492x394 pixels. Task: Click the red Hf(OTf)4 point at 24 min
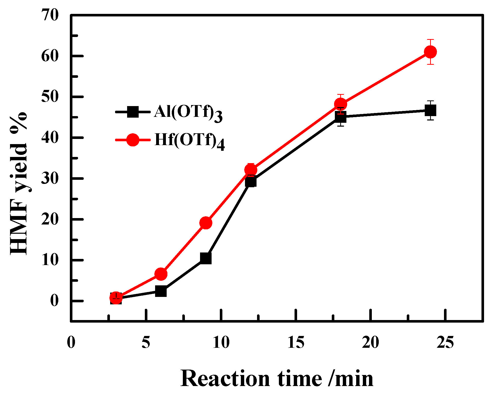point(430,52)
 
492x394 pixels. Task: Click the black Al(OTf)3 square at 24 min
point(430,110)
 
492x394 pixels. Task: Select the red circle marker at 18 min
point(340,104)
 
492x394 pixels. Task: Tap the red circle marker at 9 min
point(206,223)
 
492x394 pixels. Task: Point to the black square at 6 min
point(161,291)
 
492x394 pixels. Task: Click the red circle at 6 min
point(161,274)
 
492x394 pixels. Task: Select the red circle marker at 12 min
point(251,170)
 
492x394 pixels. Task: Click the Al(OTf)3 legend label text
point(188,112)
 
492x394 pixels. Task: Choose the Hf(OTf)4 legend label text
point(190,140)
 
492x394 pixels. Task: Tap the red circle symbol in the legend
point(133,140)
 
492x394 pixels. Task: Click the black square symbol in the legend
point(133,112)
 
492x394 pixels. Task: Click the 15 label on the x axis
point(296,342)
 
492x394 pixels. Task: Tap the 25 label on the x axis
point(445,342)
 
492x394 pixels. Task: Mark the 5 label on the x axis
point(146,342)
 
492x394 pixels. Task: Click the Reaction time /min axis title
point(277,379)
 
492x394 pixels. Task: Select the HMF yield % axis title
point(18,183)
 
